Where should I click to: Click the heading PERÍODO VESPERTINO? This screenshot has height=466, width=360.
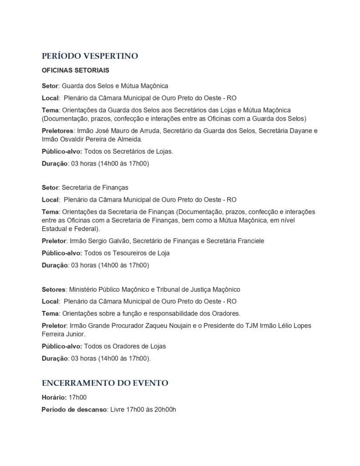[x=90, y=56]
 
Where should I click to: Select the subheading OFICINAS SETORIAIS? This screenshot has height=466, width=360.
[x=75, y=71]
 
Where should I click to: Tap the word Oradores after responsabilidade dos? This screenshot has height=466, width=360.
[x=224, y=313]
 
